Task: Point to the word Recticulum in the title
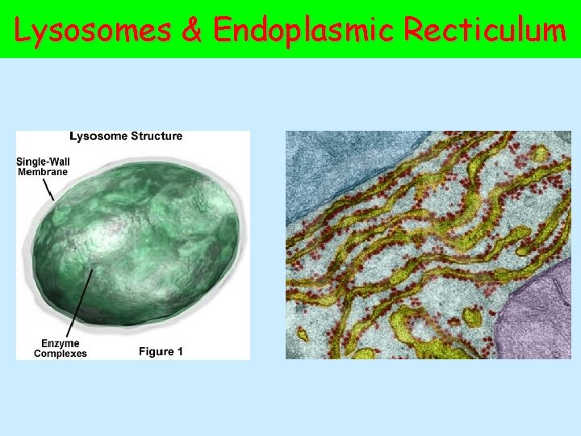click(x=486, y=30)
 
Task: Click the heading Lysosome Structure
click(x=126, y=136)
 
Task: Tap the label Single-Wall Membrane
click(x=43, y=166)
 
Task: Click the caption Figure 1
click(x=161, y=351)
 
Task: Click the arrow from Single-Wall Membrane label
click(x=48, y=188)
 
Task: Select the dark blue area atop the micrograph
click(x=339, y=161)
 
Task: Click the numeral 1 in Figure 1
click(x=180, y=351)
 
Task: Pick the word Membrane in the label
click(x=43, y=171)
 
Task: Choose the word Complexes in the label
click(x=60, y=354)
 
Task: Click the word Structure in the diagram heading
click(x=155, y=136)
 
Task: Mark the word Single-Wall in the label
click(x=43, y=161)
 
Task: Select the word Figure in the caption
click(x=157, y=351)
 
